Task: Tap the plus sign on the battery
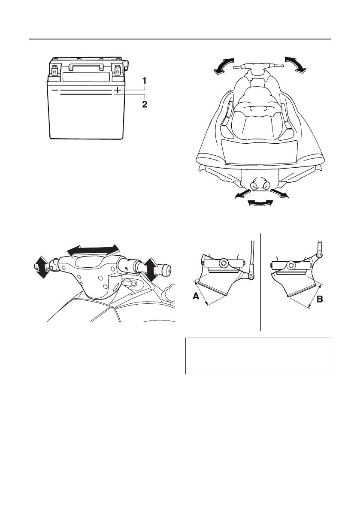[x=117, y=91]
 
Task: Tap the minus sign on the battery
[x=54, y=91]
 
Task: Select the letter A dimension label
[x=196, y=296]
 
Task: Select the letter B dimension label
[x=319, y=301]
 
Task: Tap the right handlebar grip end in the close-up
[x=166, y=271]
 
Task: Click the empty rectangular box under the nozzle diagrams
[x=258, y=356]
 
